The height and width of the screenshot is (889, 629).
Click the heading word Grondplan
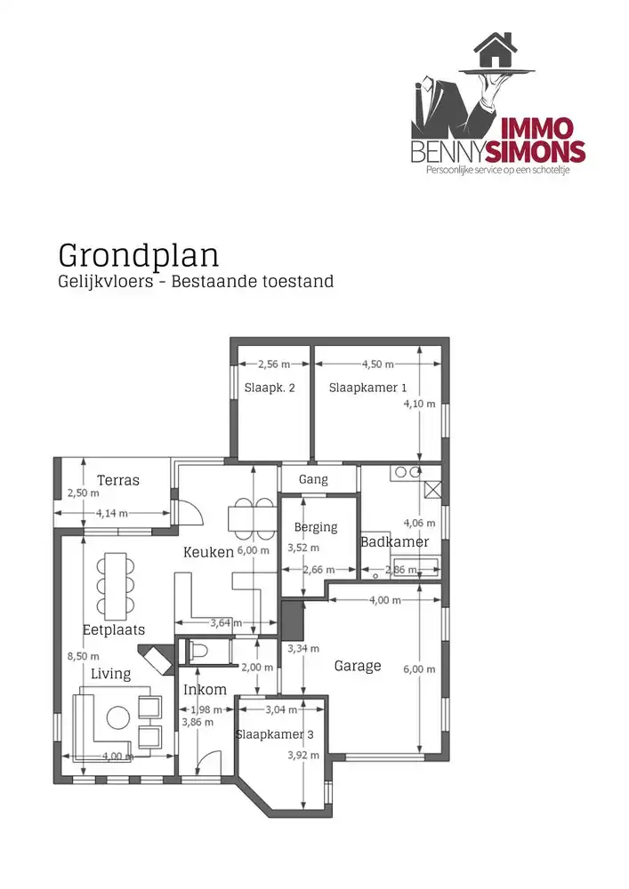(x=138, y=254)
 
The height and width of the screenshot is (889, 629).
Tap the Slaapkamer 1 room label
(x=367, y=388)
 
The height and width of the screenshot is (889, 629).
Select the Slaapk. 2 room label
(x=269, y=388)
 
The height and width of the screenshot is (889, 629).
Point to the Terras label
(x=118, y=480)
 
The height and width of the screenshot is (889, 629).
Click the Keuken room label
(x=208, y=552)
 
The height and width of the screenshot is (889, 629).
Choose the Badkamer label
(x=394, y=541)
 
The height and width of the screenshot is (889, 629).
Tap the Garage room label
(x=358, y=665)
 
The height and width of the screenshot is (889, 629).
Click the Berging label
(x=316, y=527)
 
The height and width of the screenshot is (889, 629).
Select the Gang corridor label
(x=313, y=479)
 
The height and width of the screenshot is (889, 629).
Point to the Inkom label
(x=205, y=690)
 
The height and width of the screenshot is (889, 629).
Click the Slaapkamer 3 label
(x=274, y=734)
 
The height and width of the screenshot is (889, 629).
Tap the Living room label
(x=110, y=674)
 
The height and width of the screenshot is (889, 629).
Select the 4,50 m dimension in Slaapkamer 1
(x=379, y=364)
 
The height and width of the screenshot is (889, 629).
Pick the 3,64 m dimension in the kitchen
(x=226, y=622)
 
